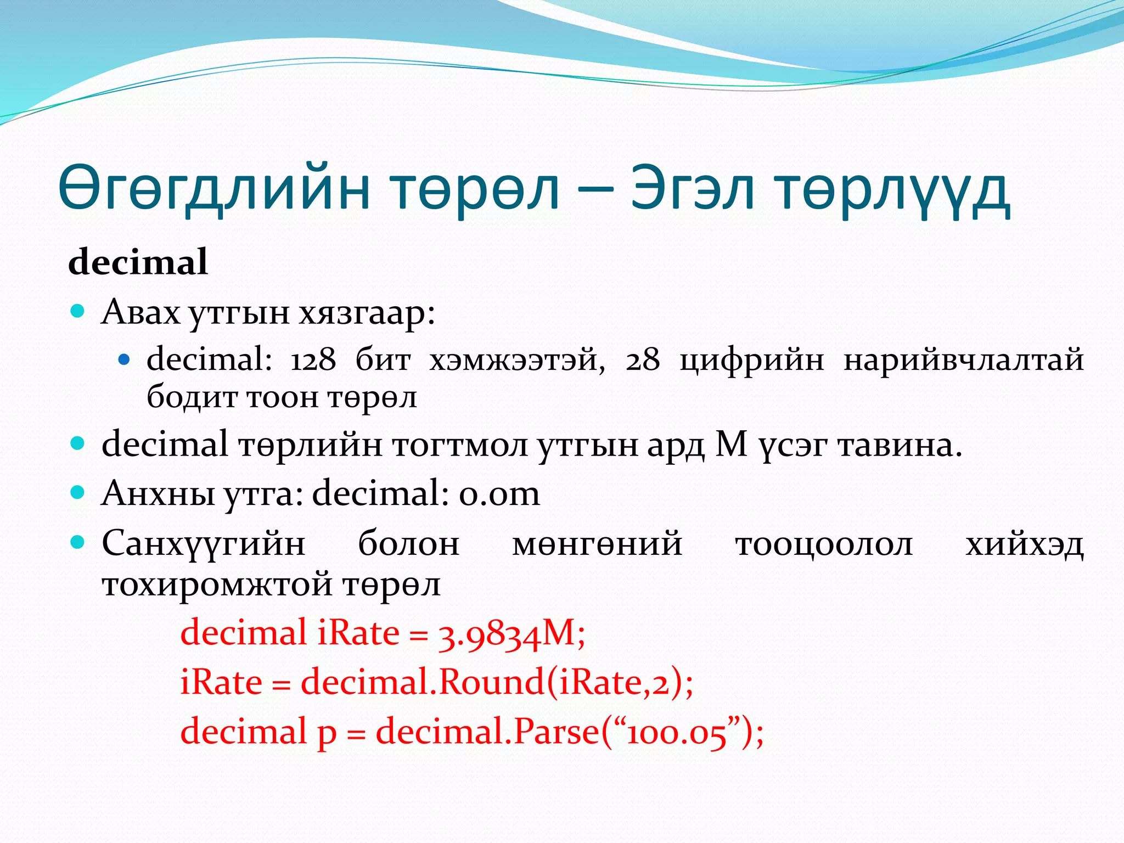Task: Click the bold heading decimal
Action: point(138,262)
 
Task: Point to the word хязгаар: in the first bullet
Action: point(367,313)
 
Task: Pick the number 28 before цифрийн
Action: point(642,361)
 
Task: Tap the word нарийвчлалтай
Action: point(963,361)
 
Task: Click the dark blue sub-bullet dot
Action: point(124,360)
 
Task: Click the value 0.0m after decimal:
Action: point(499,493)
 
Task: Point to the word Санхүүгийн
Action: point(204,544)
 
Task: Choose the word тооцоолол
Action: point(824,544)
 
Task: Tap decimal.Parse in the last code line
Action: point(487,732)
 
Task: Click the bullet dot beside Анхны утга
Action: point(78,492)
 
